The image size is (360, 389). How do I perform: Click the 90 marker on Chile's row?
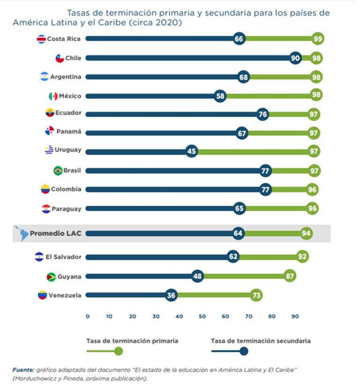point(295,58)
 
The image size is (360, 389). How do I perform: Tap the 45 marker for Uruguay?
point(191,151)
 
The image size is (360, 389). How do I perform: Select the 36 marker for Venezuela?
point(171,295)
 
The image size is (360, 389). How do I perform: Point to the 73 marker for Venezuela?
point(256,295)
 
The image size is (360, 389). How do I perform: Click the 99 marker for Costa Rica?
point(318,39)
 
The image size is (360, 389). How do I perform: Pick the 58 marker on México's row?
point(220,96)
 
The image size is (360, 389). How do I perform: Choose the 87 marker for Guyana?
point(290,277)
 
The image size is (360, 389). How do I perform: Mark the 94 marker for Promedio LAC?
point(307,233)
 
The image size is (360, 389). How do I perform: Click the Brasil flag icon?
point(58,171)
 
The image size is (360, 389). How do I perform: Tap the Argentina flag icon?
point(44,76)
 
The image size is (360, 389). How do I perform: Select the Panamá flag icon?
point(50,132)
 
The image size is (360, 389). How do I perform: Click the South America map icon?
point(22,233)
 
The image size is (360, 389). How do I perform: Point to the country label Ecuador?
point(69,112)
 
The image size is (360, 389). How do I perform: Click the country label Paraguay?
point(66,209)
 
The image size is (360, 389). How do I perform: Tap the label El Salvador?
point(64,257)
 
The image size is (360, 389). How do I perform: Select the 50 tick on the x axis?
point(202,316)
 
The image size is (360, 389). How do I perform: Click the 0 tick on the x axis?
point(88,316)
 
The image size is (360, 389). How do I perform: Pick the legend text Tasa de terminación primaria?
point(132,341)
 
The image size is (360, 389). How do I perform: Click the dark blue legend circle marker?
point(243,351)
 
